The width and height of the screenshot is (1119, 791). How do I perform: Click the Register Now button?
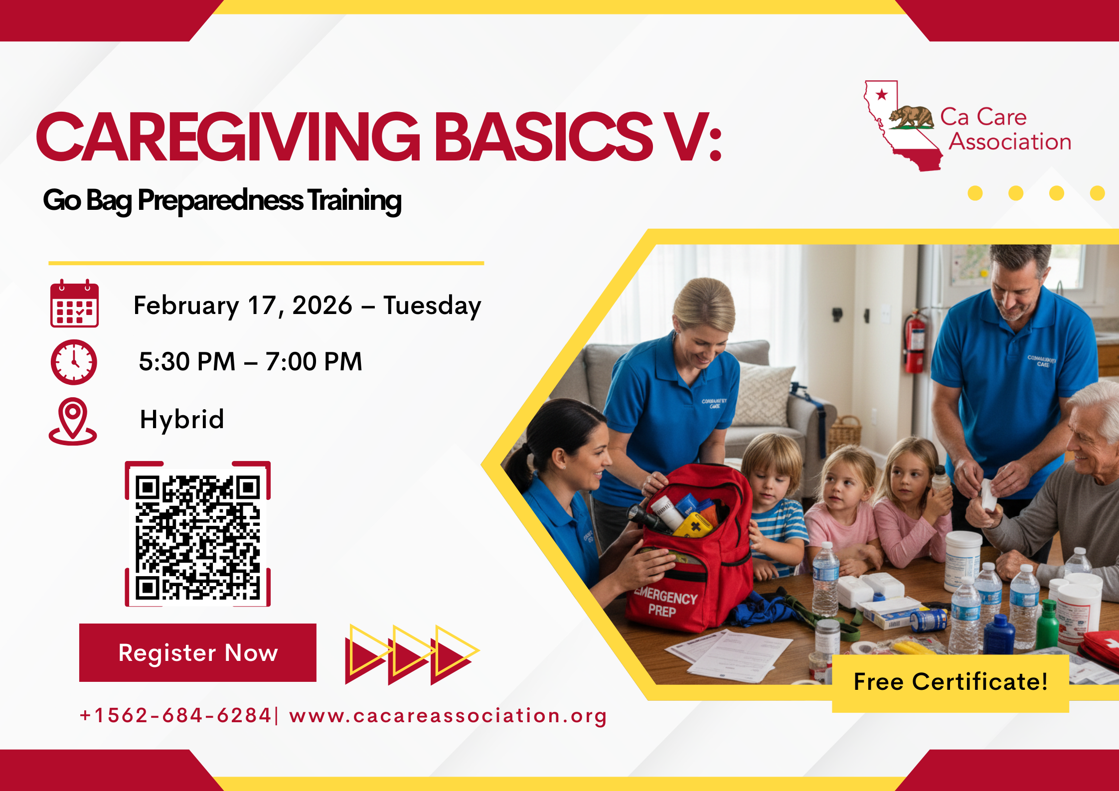pos(197,652)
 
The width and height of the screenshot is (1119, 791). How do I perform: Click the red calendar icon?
pos(74,304)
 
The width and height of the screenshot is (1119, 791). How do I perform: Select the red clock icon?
pos(74,362)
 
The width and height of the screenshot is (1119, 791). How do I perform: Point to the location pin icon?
pos(73,421)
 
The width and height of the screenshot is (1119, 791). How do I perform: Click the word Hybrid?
pos(182,420)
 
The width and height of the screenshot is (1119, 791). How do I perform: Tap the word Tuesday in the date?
pos(432,306)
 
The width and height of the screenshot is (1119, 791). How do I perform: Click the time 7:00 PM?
pos(314,362)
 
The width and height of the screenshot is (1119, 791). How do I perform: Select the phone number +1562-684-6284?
pos(175,716)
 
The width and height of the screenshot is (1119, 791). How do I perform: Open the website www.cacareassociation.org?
pos(448,716)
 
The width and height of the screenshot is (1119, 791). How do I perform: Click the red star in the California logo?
pos(882,94)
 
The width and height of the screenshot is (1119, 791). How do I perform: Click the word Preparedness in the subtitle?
pos(220,200)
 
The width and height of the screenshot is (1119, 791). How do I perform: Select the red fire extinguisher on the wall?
pos(915,341)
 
